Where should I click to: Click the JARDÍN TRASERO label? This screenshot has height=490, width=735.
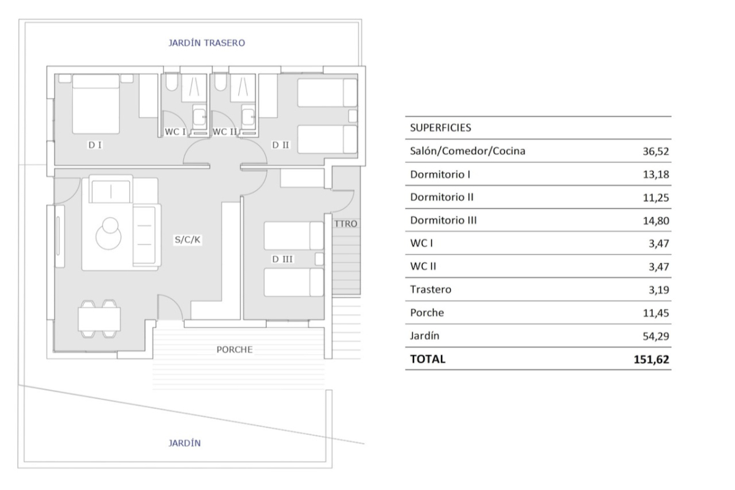[206, 43]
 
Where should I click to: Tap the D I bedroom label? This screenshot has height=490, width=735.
[95, 145]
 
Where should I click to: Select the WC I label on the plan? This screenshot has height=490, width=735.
[175, 132]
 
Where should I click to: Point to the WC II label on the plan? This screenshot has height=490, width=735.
[224, 132]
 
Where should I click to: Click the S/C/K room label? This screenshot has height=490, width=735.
[187, 239]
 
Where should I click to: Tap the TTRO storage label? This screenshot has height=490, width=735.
[345, 224]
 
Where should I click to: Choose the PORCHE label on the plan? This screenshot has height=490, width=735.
[235, 350]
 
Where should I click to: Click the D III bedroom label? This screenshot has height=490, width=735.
[282, 259]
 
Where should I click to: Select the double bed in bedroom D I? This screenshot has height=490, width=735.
[96, 104]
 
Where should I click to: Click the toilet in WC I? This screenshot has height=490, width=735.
[171, 82]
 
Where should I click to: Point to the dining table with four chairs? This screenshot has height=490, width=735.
[99, 318]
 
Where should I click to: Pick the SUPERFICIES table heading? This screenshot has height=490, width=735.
[440, 127]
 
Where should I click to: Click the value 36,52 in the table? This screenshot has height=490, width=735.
[655, 151]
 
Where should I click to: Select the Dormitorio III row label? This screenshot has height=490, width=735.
[443, 221]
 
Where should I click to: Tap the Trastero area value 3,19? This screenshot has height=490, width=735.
[659, 290]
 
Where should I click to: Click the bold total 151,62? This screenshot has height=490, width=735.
[651, 360]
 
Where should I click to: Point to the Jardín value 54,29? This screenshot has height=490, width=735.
[655, 336]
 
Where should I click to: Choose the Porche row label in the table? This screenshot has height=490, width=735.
[427, 313]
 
